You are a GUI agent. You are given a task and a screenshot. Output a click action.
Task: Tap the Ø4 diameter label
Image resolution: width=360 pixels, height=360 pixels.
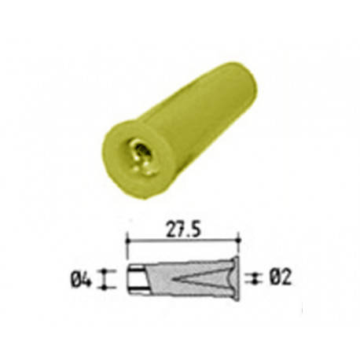click(x=83, y=277)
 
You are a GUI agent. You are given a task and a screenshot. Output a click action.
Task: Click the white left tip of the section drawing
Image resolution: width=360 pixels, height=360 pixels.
click(x=133, y=277)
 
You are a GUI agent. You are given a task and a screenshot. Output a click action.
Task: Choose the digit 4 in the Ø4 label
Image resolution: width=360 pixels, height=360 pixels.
click(x=88, y=277)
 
